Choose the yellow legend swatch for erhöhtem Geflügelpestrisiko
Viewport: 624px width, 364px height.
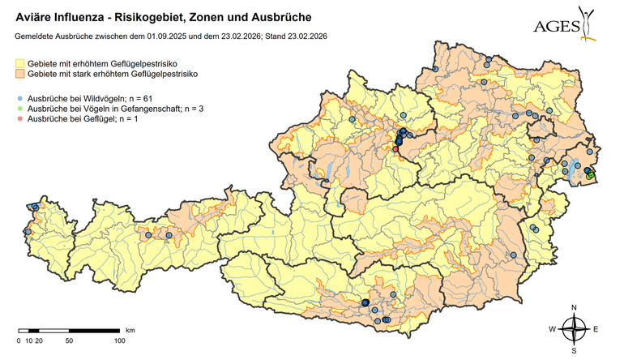pos(19,62)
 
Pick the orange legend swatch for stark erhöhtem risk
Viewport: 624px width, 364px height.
pos(19,74)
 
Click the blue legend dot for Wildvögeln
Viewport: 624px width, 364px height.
pos(19,97)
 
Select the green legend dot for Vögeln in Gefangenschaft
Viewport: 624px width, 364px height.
pos(19,108)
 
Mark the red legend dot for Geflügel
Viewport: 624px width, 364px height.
pos(19,119)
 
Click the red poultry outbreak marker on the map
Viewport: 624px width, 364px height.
pos(395,148)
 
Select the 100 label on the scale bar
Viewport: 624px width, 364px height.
pos(119,340)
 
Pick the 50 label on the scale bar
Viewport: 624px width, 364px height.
pos(69,340)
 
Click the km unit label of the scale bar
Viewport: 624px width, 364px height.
pos(130,330)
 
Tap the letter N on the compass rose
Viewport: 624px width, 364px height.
pos(574,307)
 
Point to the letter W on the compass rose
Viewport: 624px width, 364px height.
pos(553,329)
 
